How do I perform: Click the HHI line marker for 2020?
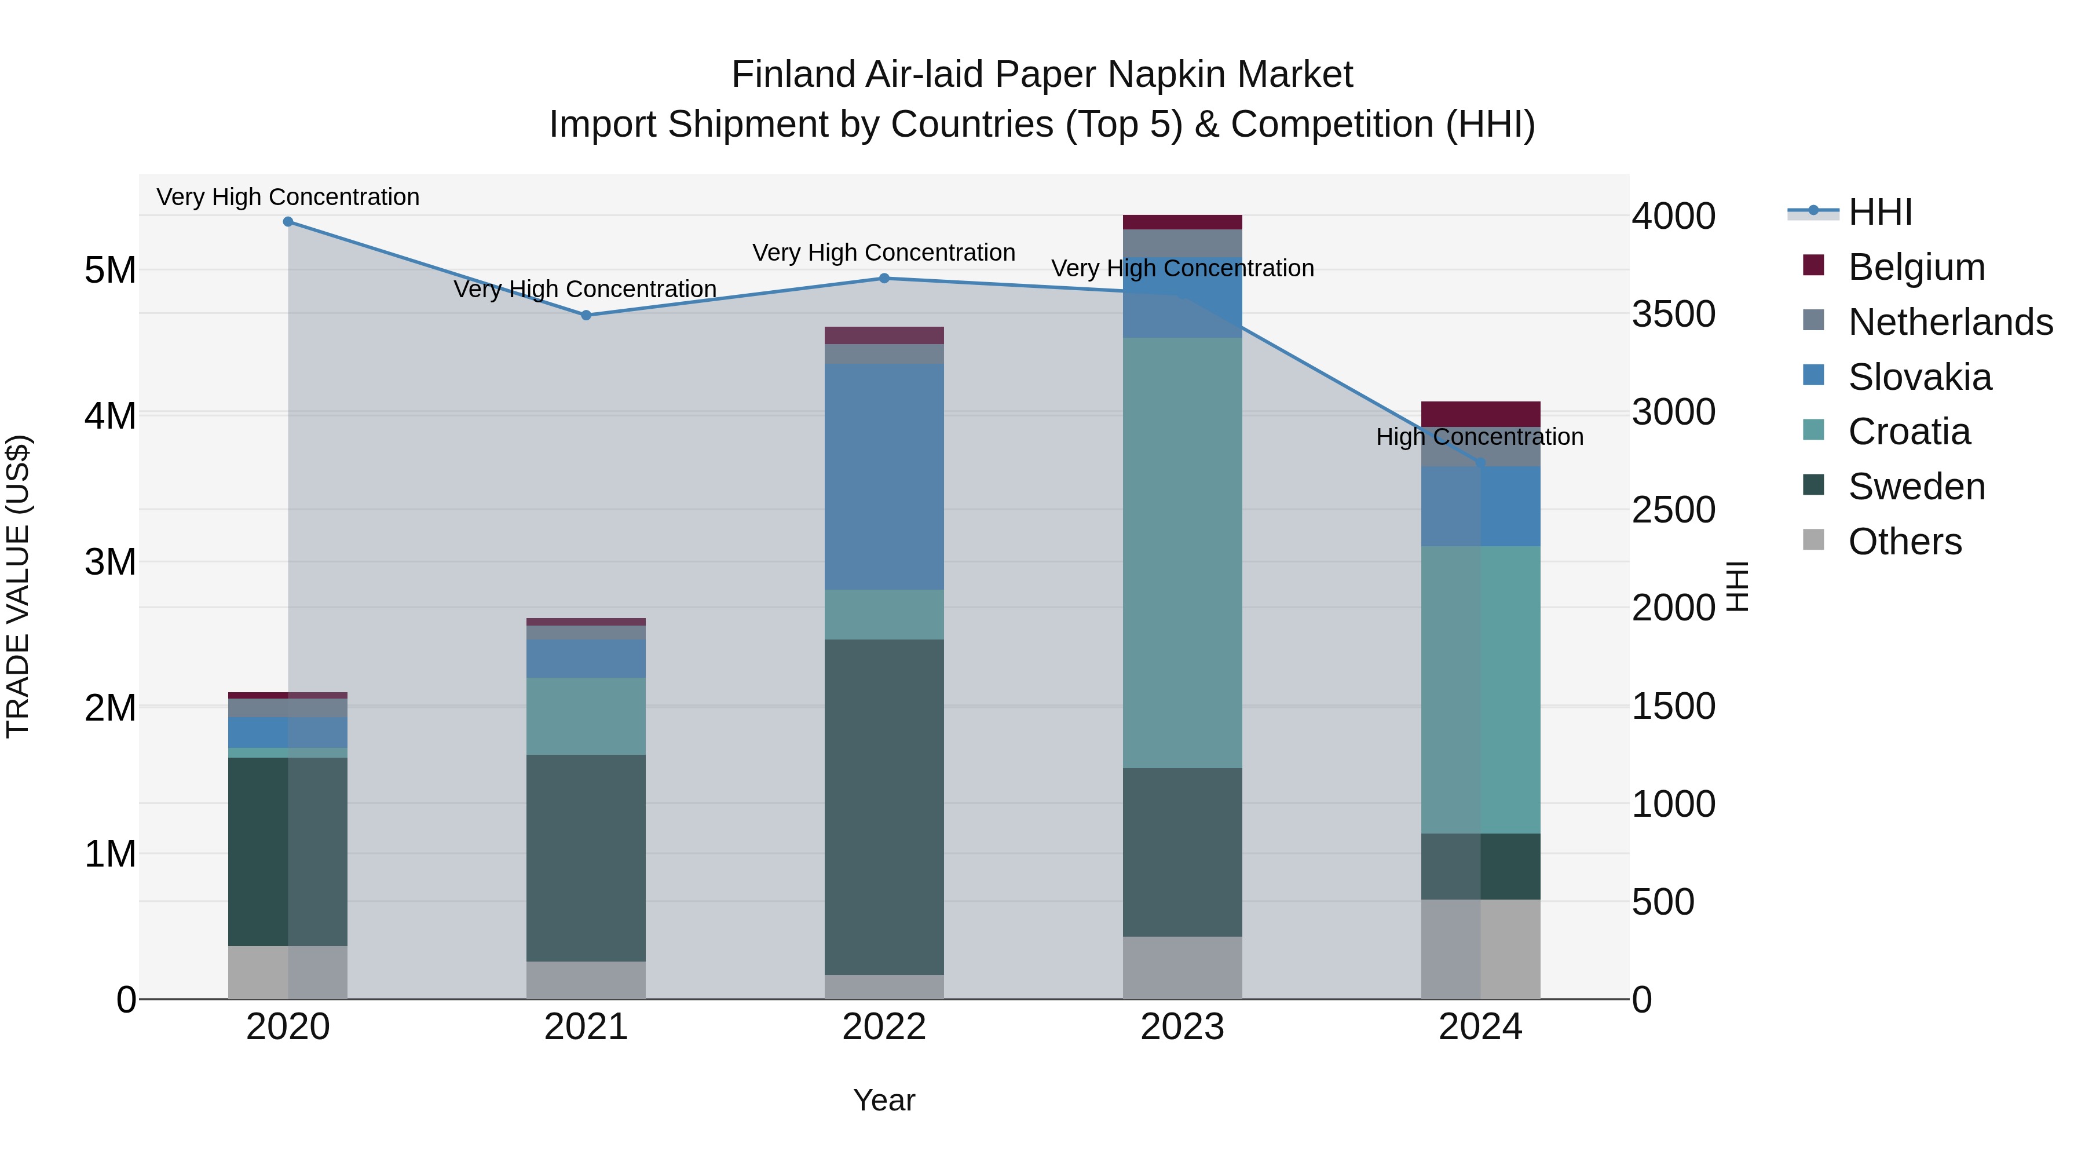[288, 221]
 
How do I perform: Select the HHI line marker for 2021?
[586, 315]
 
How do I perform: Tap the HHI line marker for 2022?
[884, 279]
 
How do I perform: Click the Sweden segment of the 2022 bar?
[884, 806]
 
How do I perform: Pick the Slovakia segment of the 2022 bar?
[884, 476]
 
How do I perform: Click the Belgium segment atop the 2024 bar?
[1480, 414]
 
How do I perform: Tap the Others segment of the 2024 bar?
[1480, 949]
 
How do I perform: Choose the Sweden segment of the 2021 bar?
[586, 858]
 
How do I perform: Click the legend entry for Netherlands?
[1950, 322]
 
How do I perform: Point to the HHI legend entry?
[1879, 212]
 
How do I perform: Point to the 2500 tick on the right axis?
[1672, 510]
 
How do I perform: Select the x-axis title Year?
[884, 1100]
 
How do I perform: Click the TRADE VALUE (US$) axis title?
[18, 586]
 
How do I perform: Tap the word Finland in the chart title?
[793, 75]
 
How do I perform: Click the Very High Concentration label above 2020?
[288, 198]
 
